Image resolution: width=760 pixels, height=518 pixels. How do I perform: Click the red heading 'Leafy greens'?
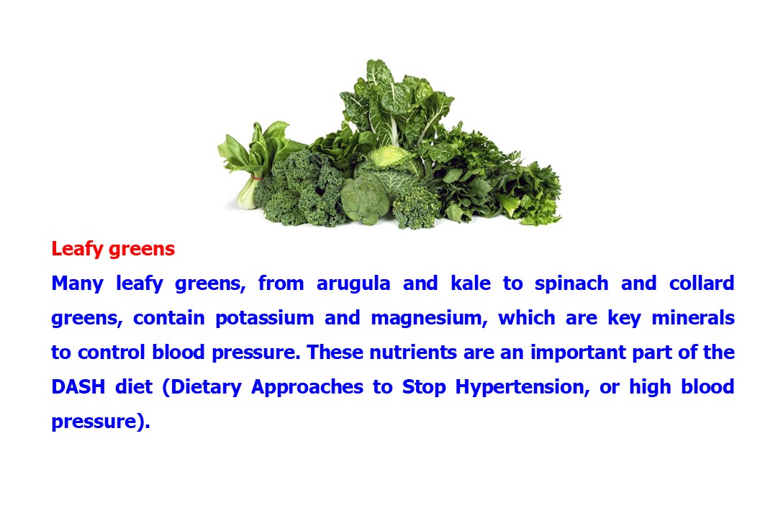[113, 250]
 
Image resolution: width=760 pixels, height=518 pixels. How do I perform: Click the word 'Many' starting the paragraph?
[77, 283]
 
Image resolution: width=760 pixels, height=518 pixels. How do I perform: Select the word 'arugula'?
[353, 283]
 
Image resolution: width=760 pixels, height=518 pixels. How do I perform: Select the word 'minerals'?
[692, 318]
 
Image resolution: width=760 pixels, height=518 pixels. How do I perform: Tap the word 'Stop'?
[425, 387]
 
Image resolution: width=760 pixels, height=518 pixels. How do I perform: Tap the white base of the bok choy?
[247, 198]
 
